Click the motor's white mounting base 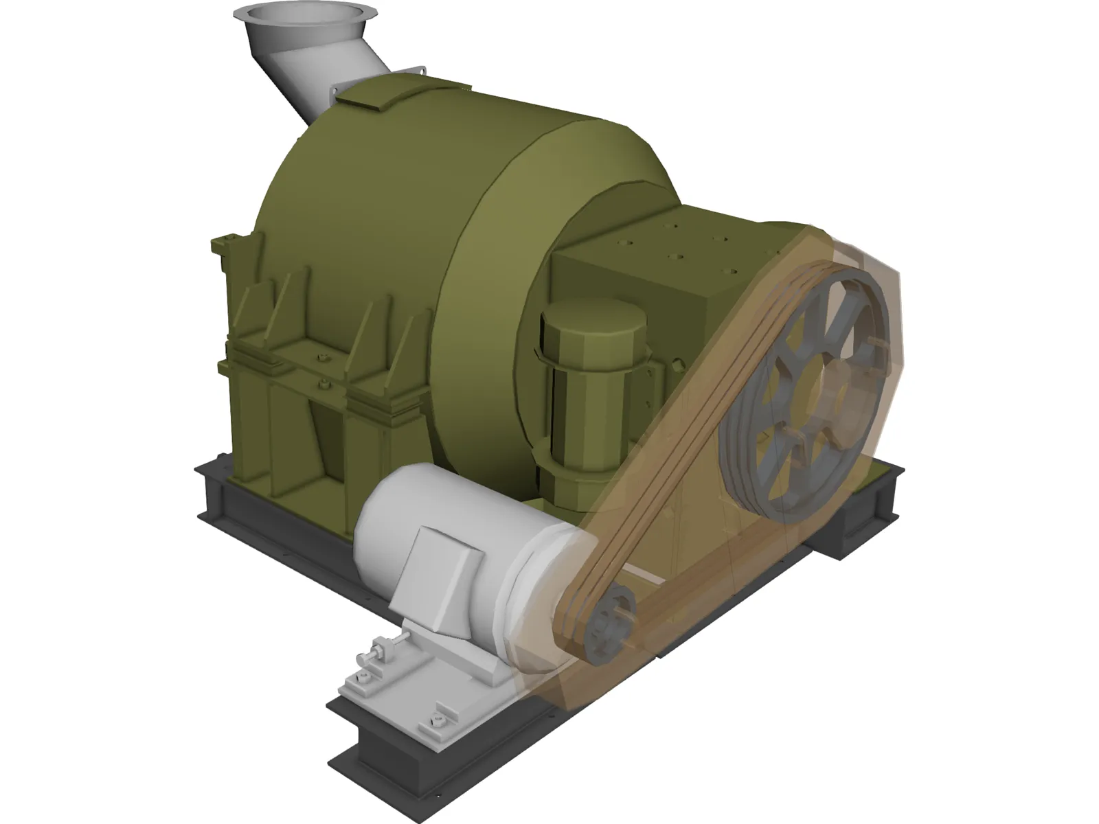coord(412,680)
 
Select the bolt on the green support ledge coord(320,357)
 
